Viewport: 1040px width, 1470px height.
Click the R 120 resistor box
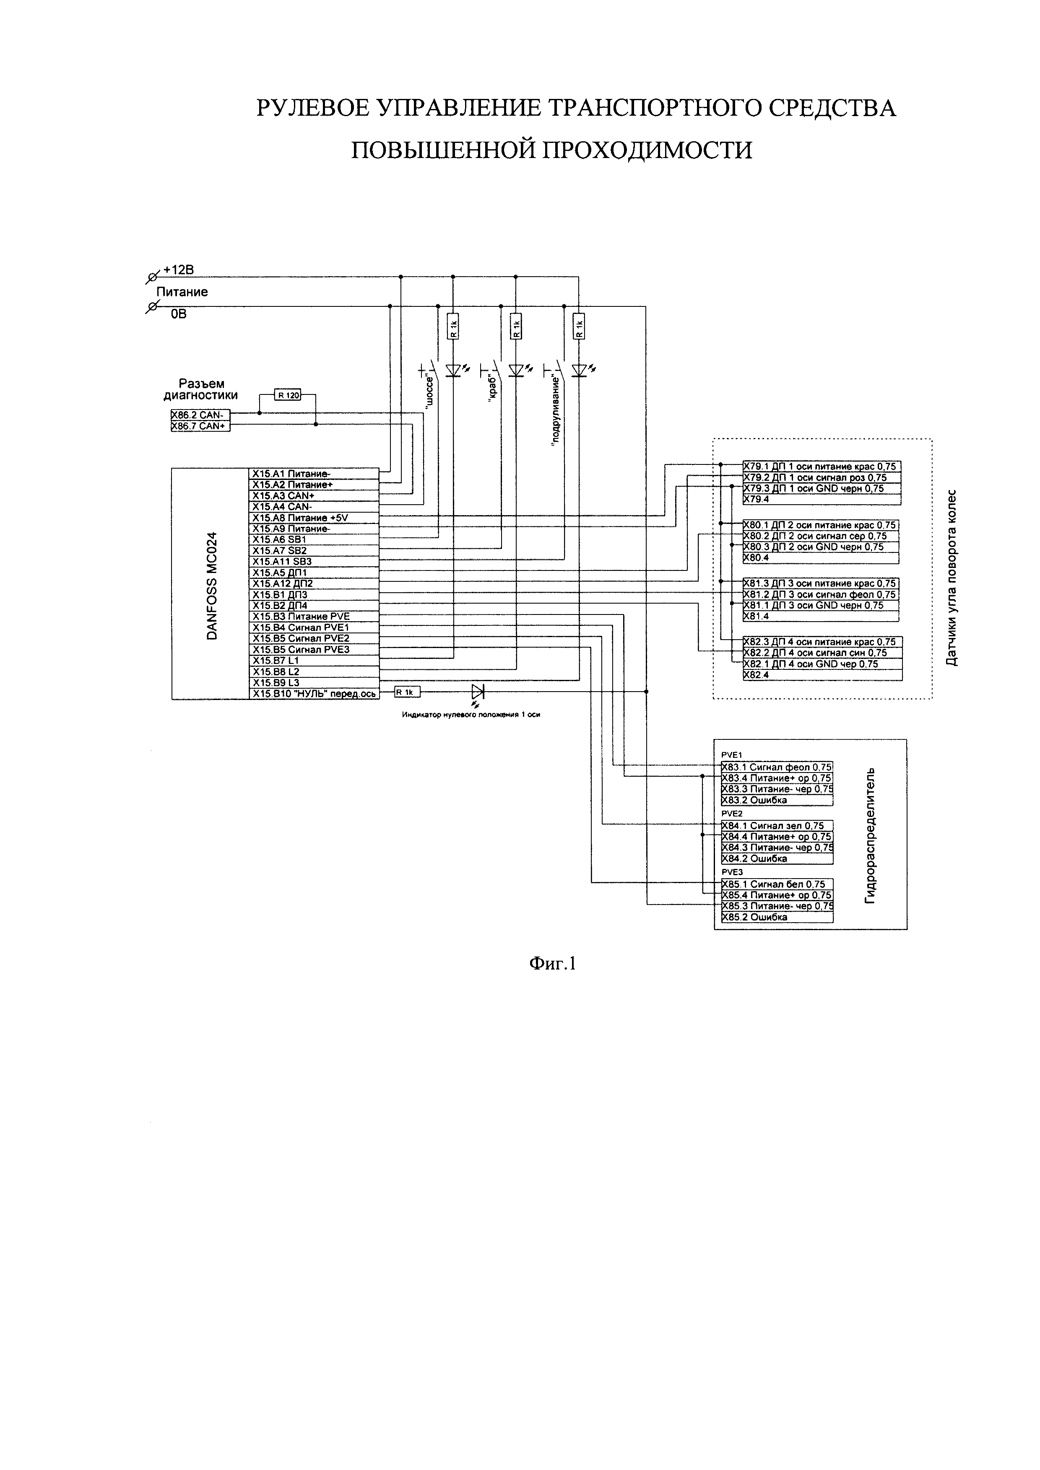pos(288,395)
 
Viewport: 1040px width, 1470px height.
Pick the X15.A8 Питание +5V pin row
pos(314,517)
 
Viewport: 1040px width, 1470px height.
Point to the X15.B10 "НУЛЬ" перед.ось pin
pos(314,693)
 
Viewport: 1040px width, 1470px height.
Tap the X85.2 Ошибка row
pos(777,917)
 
